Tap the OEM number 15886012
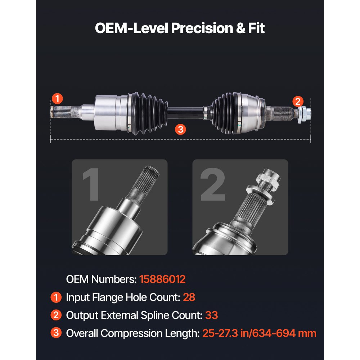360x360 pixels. [162, 279]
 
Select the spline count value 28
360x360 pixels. [189, 297]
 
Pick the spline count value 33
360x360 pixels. [212, 315]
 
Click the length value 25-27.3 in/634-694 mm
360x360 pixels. [259, 333]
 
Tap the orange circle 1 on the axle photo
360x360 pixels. [57, 98]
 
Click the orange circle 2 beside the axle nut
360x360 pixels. [298, 101]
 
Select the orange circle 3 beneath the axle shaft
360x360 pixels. [181, 129]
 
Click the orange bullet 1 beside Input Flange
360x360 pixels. [56, 297]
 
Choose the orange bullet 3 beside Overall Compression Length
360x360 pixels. [56, 333]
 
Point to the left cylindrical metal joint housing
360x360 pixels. [107, 112]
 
